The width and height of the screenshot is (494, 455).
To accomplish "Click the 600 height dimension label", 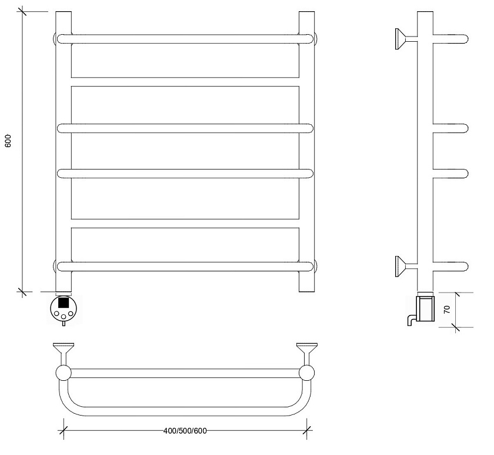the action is point(8,141).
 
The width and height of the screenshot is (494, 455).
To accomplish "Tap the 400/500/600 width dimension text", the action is point(185,431).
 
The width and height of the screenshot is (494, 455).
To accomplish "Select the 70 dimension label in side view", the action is point(447,310).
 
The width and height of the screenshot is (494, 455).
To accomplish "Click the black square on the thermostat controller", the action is point(64,303).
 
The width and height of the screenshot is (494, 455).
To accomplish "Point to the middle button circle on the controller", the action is point(64,317).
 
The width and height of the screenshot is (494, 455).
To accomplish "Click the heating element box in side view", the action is point(426,308).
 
